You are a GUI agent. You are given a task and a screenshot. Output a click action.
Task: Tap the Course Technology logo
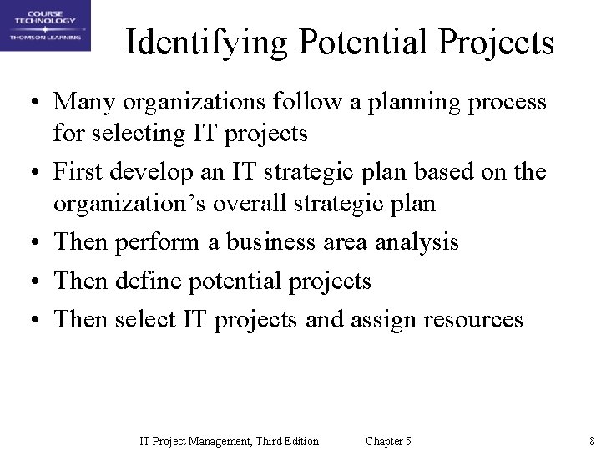coord(45,25)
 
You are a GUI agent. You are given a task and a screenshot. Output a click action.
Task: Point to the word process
coord(508,103)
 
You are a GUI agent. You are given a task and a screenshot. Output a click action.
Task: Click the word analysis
coord(417,243)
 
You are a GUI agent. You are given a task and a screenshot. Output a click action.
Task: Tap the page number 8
coord(591,441)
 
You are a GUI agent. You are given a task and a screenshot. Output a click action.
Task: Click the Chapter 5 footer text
coord(388,441)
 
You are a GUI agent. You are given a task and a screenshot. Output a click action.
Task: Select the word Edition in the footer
coord(300,441)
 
